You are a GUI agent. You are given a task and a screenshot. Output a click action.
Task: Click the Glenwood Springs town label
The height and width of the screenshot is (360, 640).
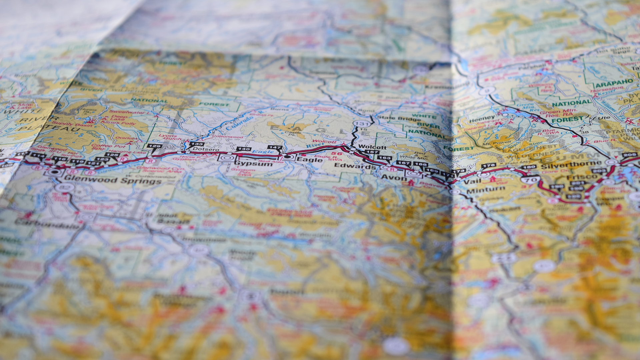point(113,180)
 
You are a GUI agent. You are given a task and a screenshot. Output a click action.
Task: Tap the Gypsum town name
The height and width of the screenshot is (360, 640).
point(254,164)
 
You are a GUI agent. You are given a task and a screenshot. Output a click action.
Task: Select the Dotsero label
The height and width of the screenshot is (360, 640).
point(206,149)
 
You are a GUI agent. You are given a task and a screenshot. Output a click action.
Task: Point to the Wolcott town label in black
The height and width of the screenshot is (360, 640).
point(372,147)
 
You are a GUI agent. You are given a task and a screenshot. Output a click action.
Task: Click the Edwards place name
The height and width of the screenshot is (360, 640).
point(355,166)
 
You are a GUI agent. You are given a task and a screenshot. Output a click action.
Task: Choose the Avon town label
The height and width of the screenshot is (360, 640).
point(394,178)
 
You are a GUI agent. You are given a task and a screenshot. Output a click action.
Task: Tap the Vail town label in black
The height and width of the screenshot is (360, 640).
point(472,181)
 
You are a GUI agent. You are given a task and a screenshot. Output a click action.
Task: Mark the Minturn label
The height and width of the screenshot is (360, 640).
point(486,190)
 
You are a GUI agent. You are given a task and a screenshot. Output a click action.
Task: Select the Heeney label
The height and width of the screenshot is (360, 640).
point(482,118)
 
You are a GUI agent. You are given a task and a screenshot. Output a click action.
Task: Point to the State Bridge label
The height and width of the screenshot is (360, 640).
point(398,118)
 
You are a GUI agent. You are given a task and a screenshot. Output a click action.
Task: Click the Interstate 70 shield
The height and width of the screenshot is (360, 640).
point(531,180)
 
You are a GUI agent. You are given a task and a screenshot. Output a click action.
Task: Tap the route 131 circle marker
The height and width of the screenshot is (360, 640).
point(361,124)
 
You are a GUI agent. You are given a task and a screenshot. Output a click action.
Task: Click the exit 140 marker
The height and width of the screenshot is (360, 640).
point(243,149)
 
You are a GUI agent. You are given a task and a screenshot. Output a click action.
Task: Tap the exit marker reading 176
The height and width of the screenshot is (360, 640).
point(488,165)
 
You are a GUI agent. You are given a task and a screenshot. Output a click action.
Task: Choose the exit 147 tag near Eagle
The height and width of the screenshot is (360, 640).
point(275,147)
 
